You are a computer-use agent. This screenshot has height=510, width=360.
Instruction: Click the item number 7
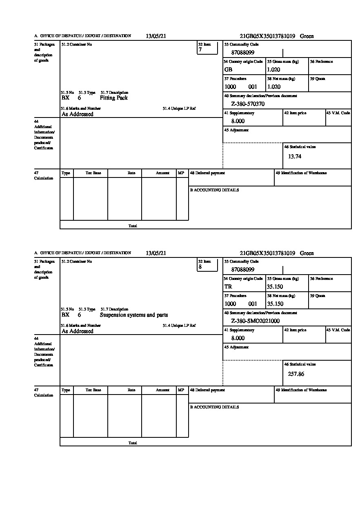[x=200, y=50]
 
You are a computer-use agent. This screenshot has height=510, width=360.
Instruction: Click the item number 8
[x=200, y=267]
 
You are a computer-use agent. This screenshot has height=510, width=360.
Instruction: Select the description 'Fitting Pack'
[x=113, y=98]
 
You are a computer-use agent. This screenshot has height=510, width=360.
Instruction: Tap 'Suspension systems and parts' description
[x=133, y=315]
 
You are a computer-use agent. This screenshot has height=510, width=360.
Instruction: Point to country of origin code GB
[x=228, y=69]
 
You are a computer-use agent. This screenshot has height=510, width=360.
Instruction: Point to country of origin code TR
[x=228, y=286]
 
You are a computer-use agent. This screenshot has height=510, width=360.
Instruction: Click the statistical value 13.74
[x=295, y=156]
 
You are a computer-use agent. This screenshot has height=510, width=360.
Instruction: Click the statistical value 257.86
[x=296, y=374]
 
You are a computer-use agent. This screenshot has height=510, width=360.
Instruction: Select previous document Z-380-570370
[x=248, y=104]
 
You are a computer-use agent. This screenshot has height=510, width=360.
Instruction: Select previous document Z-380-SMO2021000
[x=255, y=321]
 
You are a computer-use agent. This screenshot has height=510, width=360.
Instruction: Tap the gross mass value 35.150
[x=275, y=286]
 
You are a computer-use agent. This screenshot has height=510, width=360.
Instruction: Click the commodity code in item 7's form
[x=243, y=53]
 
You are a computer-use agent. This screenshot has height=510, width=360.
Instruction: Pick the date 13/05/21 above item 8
[x=156, y=253]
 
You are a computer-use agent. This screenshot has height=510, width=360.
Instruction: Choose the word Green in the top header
[x=307, y=36]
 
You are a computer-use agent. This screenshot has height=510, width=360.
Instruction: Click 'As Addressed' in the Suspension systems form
[x=78, y=331]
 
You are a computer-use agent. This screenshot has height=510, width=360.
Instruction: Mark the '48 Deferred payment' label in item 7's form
[x=207, y=173]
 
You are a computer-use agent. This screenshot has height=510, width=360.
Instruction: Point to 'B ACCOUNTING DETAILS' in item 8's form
[x=214, y=407]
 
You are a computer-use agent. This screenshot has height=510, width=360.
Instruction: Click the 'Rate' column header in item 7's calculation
[x=131, y=173]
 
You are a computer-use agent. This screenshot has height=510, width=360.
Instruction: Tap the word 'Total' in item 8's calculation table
[x=133, y=443]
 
